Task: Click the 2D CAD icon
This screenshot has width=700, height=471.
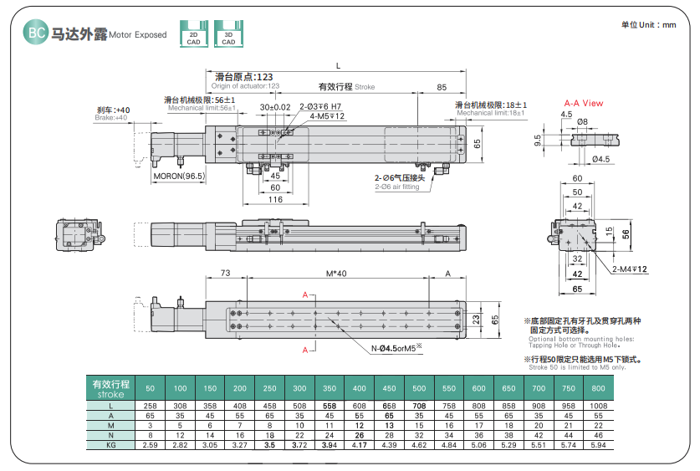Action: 193,33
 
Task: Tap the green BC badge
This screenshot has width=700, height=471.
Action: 36,33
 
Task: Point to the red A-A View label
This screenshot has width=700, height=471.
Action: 583,103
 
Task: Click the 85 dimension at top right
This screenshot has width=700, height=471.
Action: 442,86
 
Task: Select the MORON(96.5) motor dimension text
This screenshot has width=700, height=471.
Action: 178,177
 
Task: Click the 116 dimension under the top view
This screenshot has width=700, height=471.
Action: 275,200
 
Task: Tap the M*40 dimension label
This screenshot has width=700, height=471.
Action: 335,274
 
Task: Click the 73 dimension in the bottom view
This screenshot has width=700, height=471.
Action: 225,274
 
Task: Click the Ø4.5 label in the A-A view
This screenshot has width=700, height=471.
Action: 600,158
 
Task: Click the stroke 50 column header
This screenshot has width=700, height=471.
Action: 150,389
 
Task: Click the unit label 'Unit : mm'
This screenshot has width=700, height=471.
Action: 648,25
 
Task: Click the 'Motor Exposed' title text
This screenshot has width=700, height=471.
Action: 139,35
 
